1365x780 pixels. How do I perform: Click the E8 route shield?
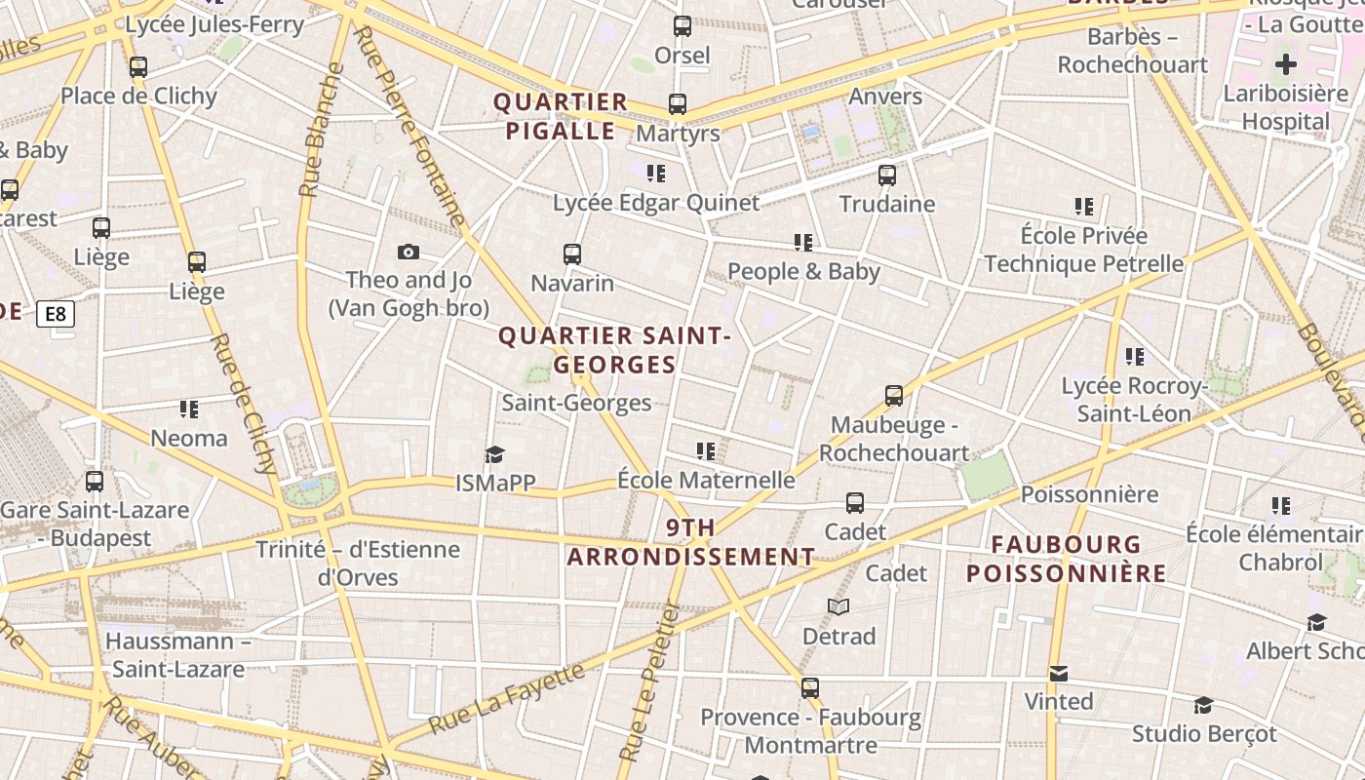(56, 314)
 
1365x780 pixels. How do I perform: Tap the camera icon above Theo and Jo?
(409, 253)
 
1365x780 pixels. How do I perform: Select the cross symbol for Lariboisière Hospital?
(1286, 65)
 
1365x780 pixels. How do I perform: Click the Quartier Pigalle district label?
(561, 116)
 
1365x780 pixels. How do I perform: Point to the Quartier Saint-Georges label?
(614, 350)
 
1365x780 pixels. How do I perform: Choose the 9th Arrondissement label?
(691, 542)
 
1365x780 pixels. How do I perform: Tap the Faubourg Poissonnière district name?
(1066, 559)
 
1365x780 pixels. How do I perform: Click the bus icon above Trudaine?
(886, 175)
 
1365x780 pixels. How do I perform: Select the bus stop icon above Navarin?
(572, 254)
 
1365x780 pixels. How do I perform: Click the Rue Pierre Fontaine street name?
(409, 126)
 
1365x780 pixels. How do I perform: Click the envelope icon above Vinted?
(1058, 674)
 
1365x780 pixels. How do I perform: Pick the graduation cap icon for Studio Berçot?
(1203, 705)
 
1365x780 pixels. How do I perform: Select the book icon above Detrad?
(838, 607)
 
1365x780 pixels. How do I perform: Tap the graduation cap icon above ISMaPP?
(495, 454)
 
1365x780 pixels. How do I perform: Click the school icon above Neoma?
(189, 409)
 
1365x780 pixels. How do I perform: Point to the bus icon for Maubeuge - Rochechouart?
(894, 396)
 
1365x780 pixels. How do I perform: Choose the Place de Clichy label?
(138, 96)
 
